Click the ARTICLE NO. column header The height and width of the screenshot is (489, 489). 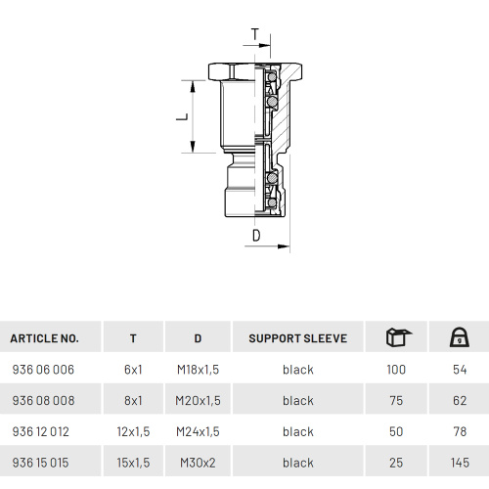(x=44, y=338)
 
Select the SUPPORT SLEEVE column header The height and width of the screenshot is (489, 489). (x=298, y=338)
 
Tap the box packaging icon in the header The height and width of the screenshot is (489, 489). (x=398, y=337)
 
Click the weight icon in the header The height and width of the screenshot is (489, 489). (x=460, y=337)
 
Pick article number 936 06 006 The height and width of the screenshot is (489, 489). (x=43, y=370)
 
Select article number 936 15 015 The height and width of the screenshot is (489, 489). (x=40, y=463)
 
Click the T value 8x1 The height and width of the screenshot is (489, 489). (x=133, y=400)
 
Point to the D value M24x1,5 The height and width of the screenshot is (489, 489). (x=198, y=431)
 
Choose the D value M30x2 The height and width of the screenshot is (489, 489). (x=198, y=463)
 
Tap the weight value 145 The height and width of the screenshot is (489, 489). (x=460, y=463)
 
